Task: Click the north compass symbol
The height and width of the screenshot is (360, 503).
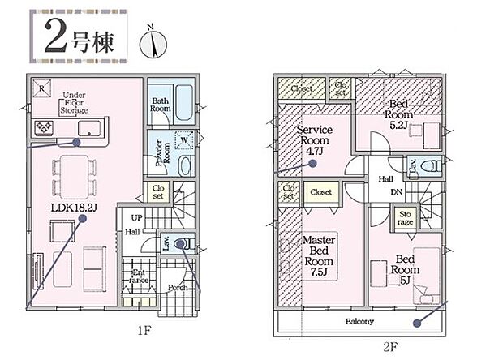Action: tap(153, 42)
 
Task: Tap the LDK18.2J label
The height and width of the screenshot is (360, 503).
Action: tap(74, 208)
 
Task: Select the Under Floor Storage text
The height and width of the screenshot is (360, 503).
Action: tap(74, 103)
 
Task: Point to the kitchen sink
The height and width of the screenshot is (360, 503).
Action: tap(89, 129)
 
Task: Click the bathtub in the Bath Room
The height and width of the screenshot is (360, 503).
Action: tap(184, 103)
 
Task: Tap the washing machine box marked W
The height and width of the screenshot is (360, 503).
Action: tap(184, 140)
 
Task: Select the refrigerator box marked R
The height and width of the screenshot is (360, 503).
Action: tap(41, 88)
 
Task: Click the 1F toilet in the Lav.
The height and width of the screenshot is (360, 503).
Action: tap(184, 244)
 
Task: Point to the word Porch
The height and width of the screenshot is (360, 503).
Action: tap(178, 288)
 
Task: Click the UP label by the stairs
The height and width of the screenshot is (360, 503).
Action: tap(136, 218)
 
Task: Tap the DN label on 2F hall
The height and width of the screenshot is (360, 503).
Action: tap(397, 192)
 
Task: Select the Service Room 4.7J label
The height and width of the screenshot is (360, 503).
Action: tap(315, 140)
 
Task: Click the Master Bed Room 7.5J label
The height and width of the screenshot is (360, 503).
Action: tap(319, 256)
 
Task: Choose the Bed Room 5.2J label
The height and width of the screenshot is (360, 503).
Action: tap(398, 114)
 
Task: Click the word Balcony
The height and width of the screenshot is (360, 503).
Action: tap(359, 321)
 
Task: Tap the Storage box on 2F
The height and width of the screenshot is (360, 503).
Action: tap(405, 217)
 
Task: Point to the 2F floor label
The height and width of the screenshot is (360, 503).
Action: tap(390, 347)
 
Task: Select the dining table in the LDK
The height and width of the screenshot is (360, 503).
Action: tap(75, 177)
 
